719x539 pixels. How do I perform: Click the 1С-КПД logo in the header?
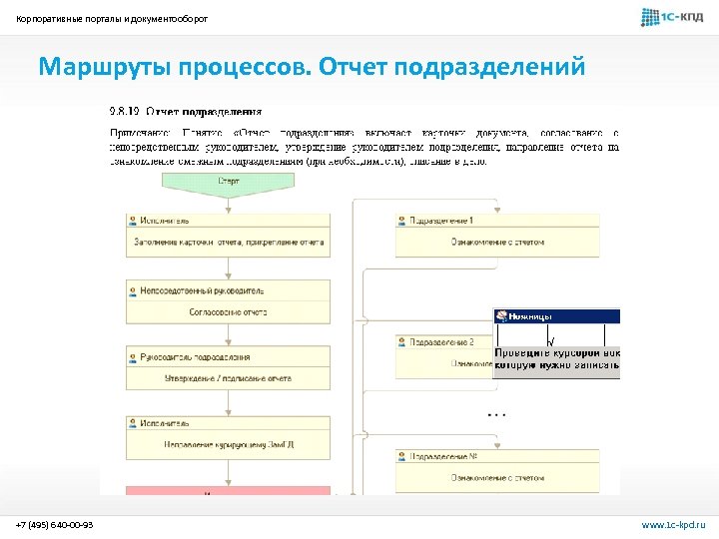tap(671, 17)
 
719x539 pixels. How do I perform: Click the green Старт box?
tap(229, 182)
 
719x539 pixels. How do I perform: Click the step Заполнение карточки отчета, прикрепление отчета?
tap(229, 241)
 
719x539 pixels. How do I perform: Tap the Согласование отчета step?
tap(229, 311)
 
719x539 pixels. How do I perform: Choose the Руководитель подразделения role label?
tap(195, 356)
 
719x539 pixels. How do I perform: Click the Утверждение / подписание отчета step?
tap(229, 378)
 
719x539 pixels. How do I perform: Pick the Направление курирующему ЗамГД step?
tap(229, 444)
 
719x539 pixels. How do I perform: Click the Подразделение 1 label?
tap(441, 221)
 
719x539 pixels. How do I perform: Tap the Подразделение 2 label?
tap(441, 342)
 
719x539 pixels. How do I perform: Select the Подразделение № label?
tap(442, 456)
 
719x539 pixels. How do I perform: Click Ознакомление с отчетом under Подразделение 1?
tap(496, 243)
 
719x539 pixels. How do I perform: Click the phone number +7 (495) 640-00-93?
tap(55, 525)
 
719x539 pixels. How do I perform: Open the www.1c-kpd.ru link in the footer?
tap(673, 525)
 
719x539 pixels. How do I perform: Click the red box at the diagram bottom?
tap(215, 491)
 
